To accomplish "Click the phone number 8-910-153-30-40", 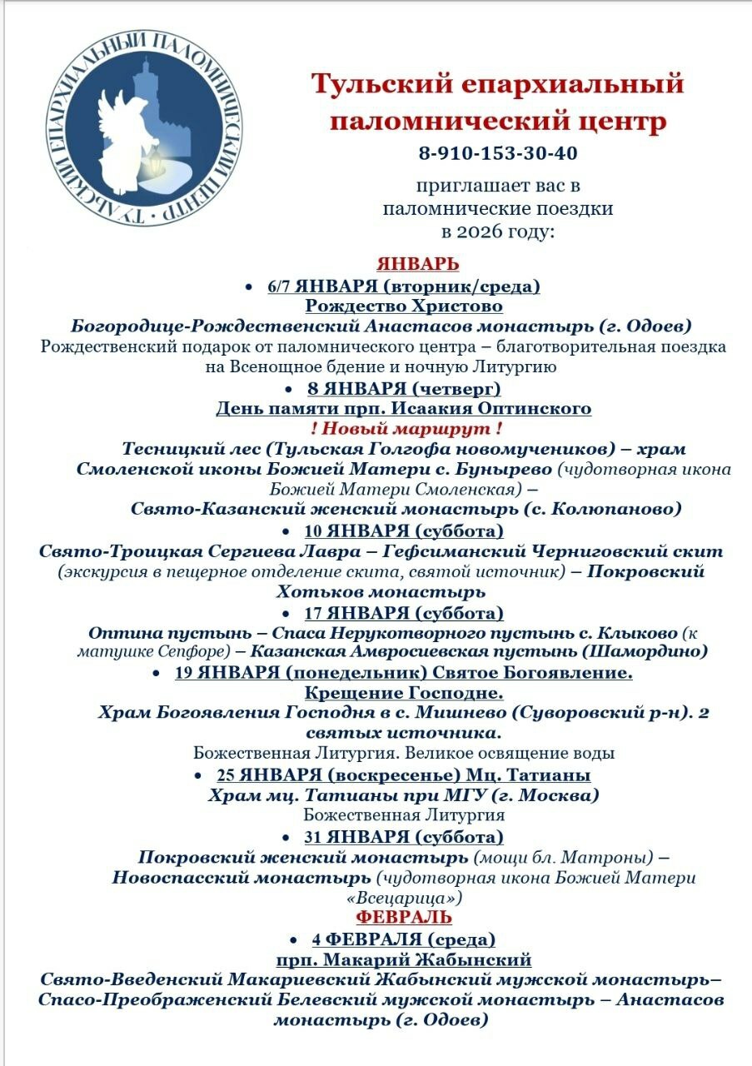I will tap(498, 154).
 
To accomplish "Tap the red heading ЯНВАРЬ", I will tap(418, 264).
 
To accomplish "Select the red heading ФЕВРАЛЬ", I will tap(404, 918).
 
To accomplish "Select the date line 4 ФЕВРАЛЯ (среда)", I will tap(404, 939).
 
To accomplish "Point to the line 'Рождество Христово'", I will tap(403, 306).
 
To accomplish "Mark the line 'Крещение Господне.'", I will tap(405, 693).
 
